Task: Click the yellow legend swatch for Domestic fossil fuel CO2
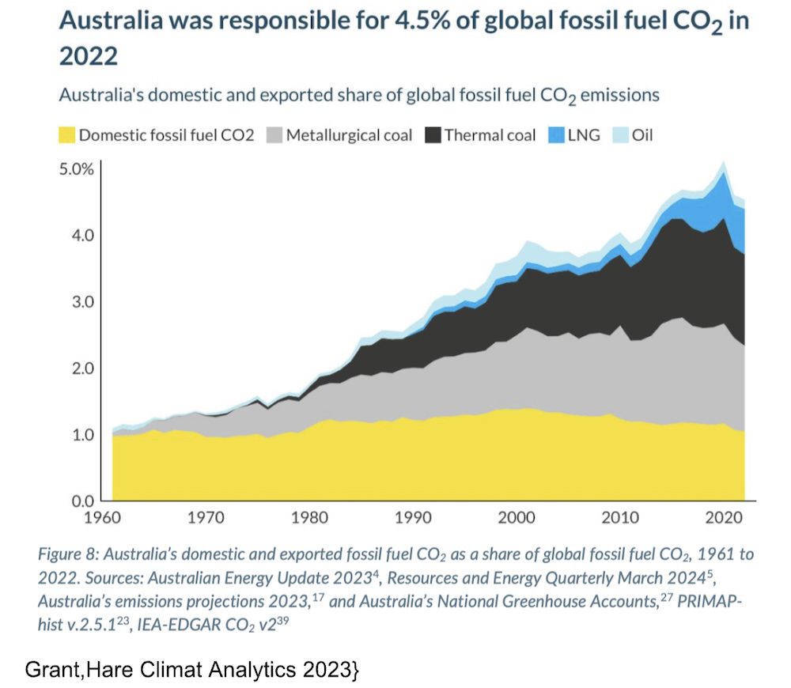pos(67,135)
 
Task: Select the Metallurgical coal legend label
pos(349,135)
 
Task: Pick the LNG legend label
pos(584,135)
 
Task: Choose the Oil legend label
pos(642,135)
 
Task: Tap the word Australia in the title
pos(112,21)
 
